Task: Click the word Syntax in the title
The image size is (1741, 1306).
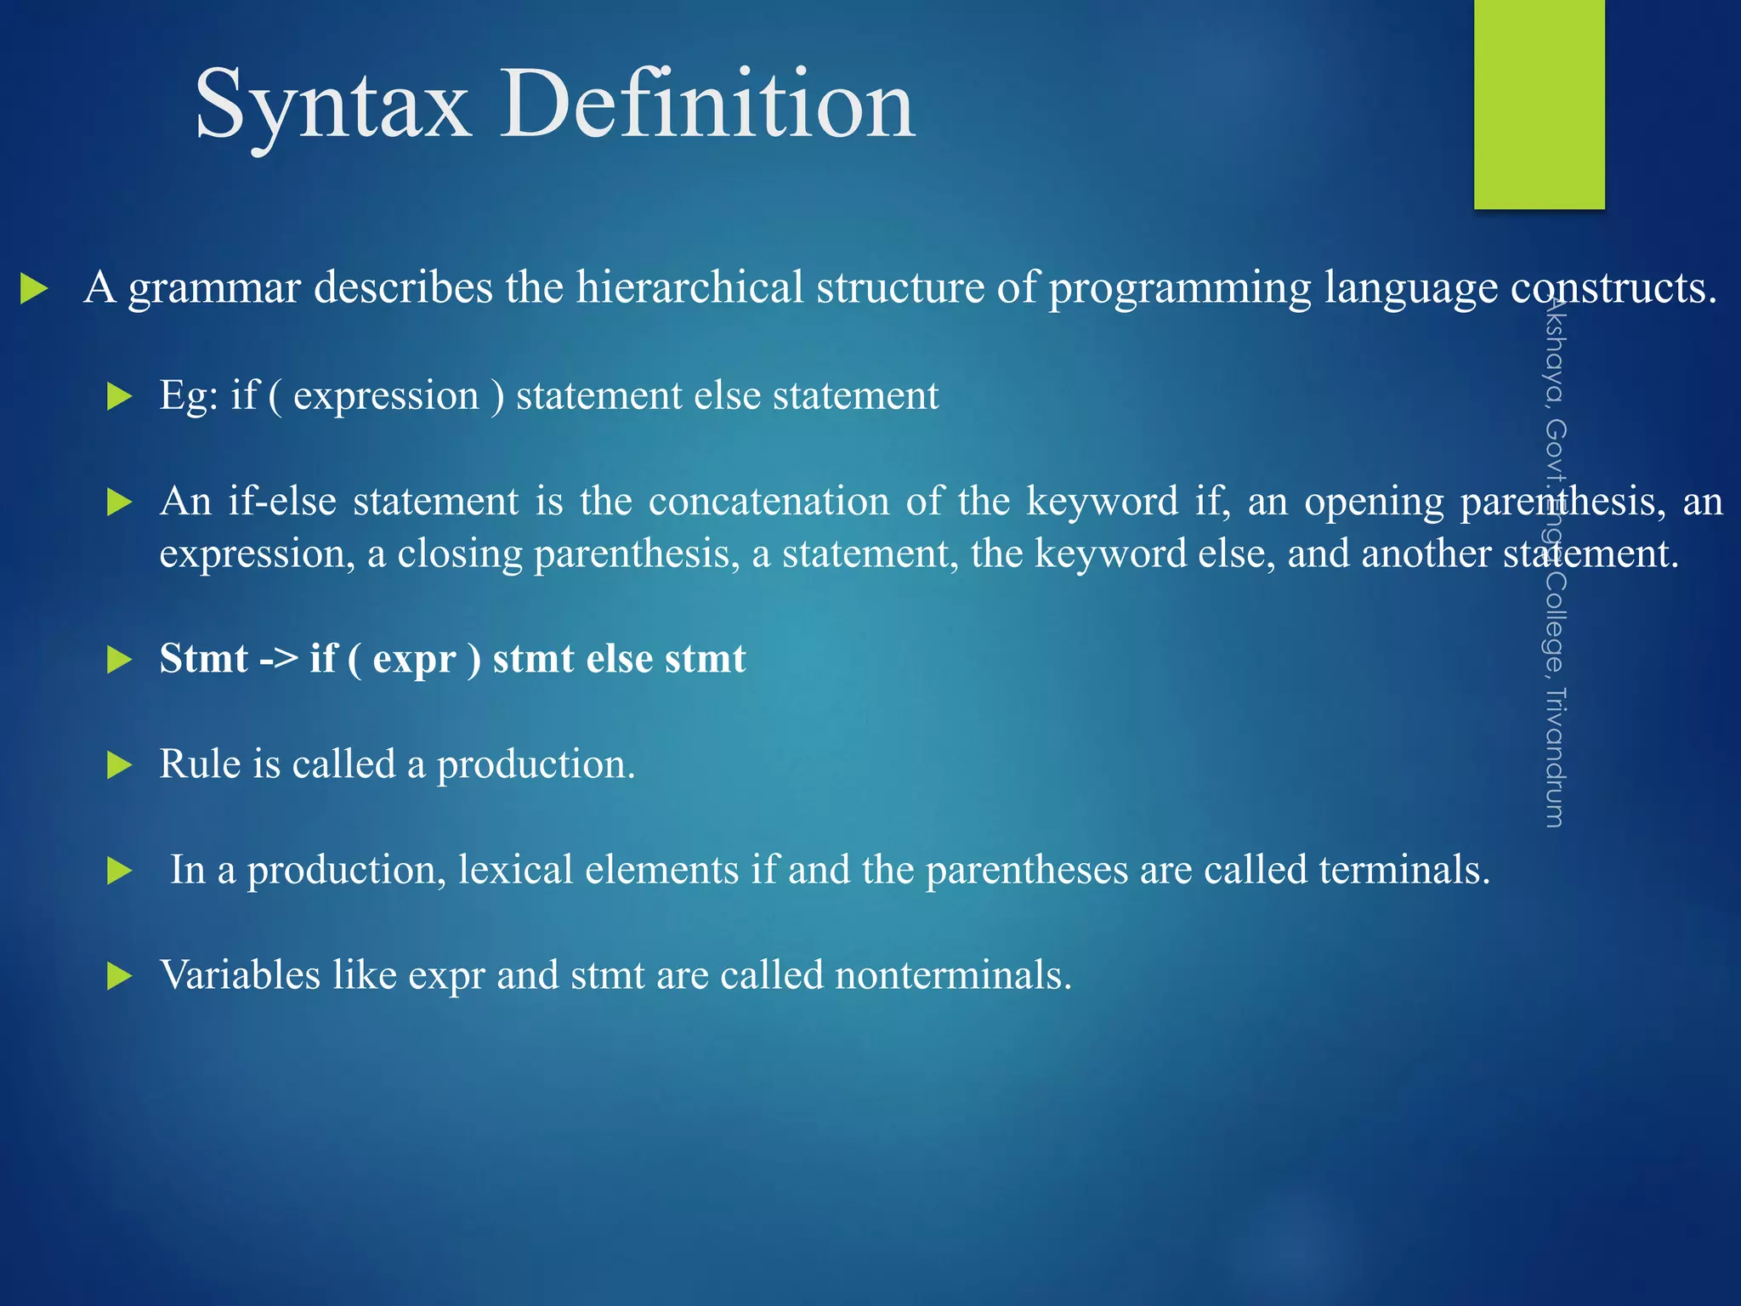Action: (332, 106)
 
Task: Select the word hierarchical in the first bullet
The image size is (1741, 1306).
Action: (689, 287)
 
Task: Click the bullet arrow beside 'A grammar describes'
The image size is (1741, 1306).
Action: (33, 289)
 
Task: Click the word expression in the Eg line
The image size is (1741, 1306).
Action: (386, 396)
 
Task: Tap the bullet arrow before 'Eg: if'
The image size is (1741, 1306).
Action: (120, 397)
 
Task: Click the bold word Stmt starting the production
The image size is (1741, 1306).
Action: (204, 659)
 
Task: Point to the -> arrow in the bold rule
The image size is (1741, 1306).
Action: (279, 660)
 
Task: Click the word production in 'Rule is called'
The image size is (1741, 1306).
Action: (535, 764)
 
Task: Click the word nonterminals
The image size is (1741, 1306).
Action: (952, 975)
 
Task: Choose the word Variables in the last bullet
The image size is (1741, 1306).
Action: (240, 975)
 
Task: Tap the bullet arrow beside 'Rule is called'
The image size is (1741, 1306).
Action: (120, 766)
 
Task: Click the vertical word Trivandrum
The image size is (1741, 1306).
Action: (1555, 757)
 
